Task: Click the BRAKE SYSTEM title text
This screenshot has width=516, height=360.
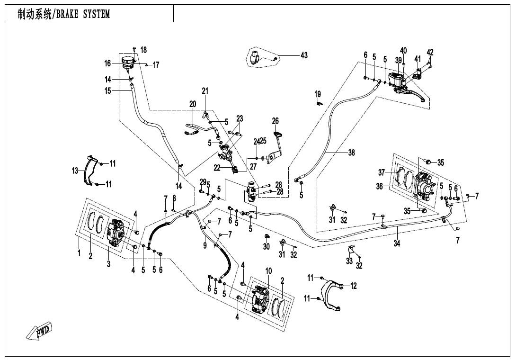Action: click(x=63, y=14)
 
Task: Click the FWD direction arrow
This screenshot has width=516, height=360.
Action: click(x=40, y=330)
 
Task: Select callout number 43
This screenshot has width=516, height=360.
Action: click(x=304, y=55)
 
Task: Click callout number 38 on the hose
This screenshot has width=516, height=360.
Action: click(x=351, y=153)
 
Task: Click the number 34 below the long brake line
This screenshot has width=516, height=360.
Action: click(x=397, y=243)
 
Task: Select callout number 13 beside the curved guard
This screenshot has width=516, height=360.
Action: click(x=75, y=171)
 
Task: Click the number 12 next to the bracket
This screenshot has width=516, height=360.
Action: click(x=353, y=286)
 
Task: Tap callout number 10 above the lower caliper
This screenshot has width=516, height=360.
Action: click(x=268, y=271)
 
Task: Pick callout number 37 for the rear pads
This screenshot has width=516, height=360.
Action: click(x=382, y=172)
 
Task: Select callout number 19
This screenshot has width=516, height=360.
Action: click(x=318, y=94)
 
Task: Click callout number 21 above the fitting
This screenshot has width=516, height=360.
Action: click(x=205, y=90)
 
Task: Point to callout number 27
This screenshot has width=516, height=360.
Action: click(x=253, y=167)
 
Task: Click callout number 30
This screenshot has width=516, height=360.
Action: click(x=267, y=246)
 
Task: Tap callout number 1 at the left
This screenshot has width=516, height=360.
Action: click(x=79, y=253)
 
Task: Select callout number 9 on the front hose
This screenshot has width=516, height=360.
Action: click(x=205, y=245)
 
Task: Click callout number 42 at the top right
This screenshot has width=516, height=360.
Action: click(x=430, y=52)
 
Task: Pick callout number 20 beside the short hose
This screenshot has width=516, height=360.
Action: click(x=193, y=104)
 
